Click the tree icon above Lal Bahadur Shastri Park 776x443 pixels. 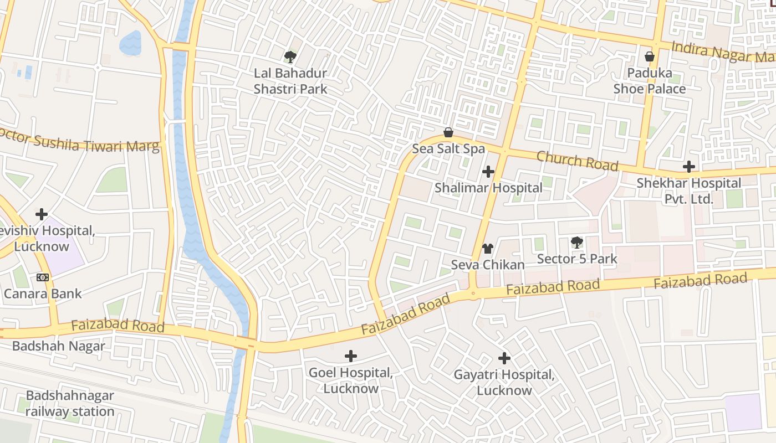[290, 56]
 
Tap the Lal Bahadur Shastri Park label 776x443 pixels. [290, 81]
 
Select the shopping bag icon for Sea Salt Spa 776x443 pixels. [448, 132]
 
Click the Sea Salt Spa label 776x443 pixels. [448, 148]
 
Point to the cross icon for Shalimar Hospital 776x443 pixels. [488, 172]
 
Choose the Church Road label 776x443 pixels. [577, 161]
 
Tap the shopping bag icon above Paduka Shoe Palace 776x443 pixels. [650, 56]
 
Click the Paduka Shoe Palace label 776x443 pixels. [649, 81]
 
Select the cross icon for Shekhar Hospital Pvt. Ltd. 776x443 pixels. [688, 167]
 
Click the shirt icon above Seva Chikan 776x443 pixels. [488, 248]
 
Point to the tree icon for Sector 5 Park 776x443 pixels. [577, 242]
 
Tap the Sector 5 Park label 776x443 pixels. [577, 259]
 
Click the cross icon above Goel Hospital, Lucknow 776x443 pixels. [350, 356]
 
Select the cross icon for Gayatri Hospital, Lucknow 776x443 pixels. [504, 358]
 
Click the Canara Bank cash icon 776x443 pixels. [43, 277]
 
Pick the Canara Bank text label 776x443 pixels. [43, 293]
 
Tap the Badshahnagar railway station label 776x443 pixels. [70, 404]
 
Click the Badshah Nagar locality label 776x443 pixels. [58, 346]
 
